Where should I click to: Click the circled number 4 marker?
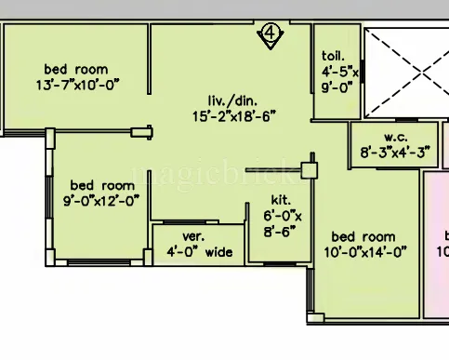[x=270, y=35]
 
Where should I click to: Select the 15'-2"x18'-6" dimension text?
[x=234, y=116]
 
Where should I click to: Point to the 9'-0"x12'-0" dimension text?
[x=101, y=199]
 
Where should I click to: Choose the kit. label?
[x=281, y=199]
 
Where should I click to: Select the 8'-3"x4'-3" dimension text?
[x=394, y=153]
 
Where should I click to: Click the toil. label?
[x=334, y=55]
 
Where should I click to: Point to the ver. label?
[x=192, y=236]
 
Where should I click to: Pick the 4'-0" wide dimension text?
[x=199, y=252]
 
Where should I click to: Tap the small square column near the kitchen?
[x=309, y=171]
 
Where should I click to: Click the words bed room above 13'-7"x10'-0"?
[x=76, y=69]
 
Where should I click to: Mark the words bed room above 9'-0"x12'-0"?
[x=101, y=184]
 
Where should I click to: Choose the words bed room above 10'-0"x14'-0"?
[x=363, y=236]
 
